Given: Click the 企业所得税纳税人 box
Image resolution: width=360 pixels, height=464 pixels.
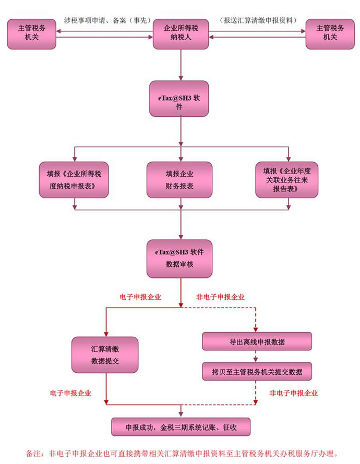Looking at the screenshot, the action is click(181, 34).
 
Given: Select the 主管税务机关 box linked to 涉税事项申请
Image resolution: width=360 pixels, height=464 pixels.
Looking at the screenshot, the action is click(32, 34).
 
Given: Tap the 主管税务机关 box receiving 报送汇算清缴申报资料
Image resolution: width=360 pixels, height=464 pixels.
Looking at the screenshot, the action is click(330, 34).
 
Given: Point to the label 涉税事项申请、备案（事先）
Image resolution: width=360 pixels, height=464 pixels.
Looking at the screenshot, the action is click(107, 20).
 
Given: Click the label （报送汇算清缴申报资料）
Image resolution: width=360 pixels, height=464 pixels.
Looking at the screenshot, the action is click(258, 20).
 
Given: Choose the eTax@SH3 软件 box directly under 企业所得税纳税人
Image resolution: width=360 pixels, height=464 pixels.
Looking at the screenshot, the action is click(179, 99).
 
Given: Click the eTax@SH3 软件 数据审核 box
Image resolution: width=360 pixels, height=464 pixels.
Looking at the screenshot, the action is click(179, 259).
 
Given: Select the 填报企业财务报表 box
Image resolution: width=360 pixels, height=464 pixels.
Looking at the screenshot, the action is click(179, 180).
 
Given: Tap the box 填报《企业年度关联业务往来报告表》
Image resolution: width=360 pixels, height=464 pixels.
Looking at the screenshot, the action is click(286, 180).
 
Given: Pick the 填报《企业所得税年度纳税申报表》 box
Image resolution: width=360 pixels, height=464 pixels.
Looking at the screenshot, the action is click(74, 180).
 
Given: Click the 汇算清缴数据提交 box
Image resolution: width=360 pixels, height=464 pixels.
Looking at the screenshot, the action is click(105, 355).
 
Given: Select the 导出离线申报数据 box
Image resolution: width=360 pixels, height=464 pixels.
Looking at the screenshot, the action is click(257, 341).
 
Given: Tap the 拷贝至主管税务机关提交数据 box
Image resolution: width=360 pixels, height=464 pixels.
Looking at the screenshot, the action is click(257, 371).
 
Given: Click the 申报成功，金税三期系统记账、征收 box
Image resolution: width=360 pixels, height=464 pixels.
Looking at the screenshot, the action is click(181, 426).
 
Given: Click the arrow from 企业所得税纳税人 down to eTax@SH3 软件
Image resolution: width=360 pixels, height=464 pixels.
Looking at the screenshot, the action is click(181, 65).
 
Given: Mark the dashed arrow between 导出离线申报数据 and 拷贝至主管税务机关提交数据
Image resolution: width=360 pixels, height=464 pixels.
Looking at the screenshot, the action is click(256, 356).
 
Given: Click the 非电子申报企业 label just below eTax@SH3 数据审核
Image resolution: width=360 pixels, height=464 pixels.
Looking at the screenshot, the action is click(220, 297).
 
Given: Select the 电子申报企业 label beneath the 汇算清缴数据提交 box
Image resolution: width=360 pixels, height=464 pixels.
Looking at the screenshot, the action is click(70, 393).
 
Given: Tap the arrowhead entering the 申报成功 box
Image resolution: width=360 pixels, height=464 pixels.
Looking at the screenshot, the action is click(181, 414).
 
